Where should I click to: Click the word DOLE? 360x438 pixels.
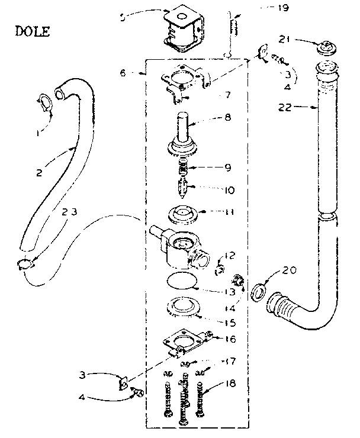pos(32,30)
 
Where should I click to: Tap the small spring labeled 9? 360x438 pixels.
pos(186,166)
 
